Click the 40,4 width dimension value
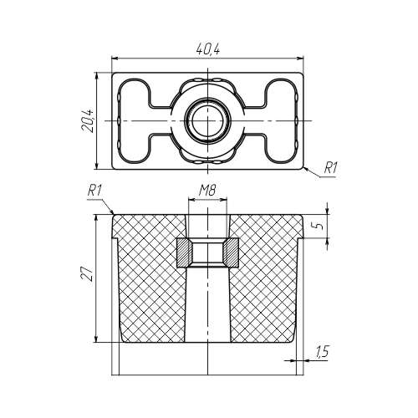[x=208, y=49]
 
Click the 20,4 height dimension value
[x=89, y=120]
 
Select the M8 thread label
[x=207, y=191]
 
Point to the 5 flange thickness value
[x=320, y=225]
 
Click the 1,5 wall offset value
[x=323, y=351]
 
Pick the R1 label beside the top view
[x=330, y=168]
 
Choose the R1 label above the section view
[x=94, y=191]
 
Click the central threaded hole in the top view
[x=207, y=120]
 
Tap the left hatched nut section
[x=184, y=252]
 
